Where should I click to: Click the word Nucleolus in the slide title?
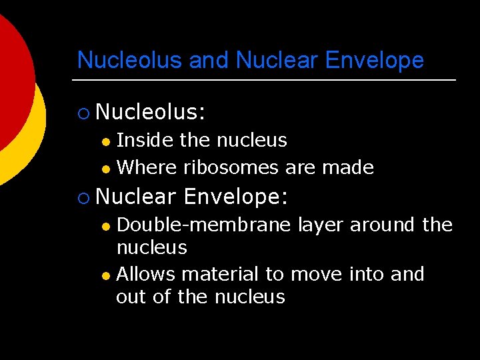[x=130, y=60]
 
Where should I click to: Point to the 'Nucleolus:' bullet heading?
[x=150, y=113]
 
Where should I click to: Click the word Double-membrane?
[x=203, y=225]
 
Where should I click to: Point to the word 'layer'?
[x=320, y=225]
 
